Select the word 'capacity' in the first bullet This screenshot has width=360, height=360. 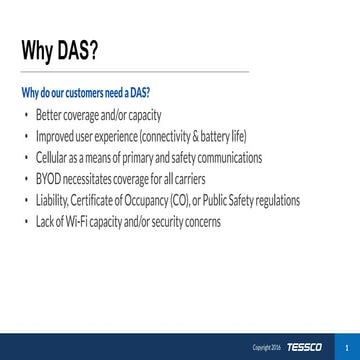pyautogui.click(x=143, y=115)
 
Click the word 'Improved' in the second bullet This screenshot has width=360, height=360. pyautogui.click(x=55, y=136)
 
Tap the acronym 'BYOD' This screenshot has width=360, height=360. pyautogui.click(x=48, y=179)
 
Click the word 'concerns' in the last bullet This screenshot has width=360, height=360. pyautogui.click(x=199, y=222)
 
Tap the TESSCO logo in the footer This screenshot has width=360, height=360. pyautogui.click(x=304, y=347)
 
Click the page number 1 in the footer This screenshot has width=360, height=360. pyautogui.click(x=345, y=347)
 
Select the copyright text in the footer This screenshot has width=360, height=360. pyautogui.click(x=267, y=348)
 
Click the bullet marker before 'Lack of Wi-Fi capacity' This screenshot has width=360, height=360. pyautogui.click(x=26, y=221)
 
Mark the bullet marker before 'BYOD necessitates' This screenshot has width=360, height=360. pyautogui.click(x=26, y=178)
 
